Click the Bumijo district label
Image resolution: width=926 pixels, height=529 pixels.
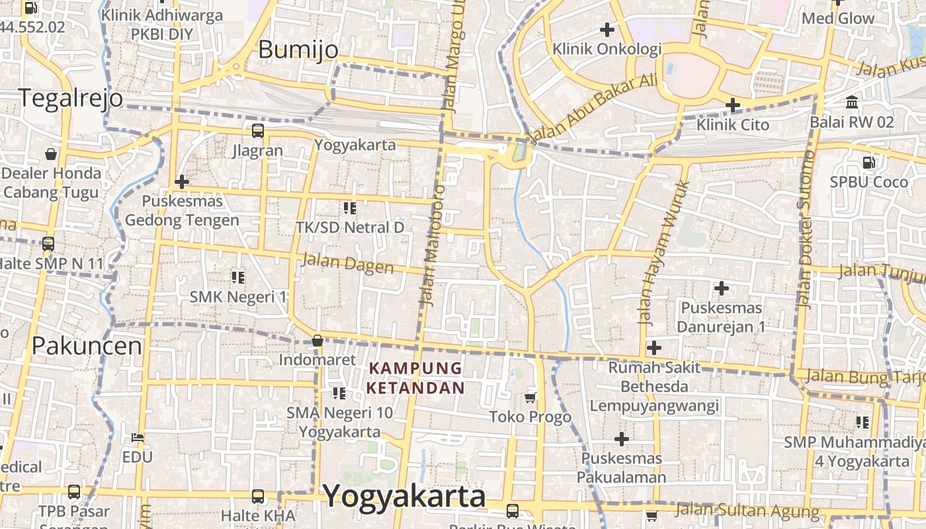(298, 50)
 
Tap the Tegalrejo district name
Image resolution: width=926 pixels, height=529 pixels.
(70, 98)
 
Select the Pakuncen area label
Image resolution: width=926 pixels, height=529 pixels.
(87, 345)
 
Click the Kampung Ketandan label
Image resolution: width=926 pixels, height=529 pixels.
(416, 378)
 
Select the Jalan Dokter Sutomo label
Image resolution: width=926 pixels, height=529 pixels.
(805, 229)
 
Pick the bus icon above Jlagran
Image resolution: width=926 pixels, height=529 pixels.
(258, 131)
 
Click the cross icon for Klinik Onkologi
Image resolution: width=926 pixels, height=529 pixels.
(607, 29)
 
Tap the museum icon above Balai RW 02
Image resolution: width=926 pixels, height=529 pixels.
(852, 102)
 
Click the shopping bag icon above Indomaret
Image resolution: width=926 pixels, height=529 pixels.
(317, 341)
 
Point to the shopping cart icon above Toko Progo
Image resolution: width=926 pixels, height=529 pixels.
(530, 397)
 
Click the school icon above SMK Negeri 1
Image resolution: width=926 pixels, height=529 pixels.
(238, 277)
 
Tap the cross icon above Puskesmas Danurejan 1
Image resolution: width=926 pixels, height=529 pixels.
(722, 288)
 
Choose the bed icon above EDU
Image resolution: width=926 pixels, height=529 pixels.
(138, 438)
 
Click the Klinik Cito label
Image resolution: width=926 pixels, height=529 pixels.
(733, 124)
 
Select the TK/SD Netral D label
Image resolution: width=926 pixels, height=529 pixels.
(350, 227)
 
